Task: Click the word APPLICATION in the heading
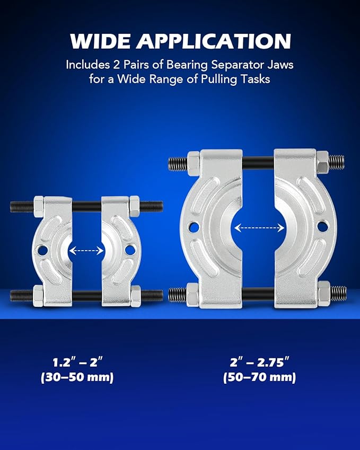click(214, 41)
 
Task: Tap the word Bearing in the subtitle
click(187, 65)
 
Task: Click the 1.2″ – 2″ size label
click(77, 362)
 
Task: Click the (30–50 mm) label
click(77, 377)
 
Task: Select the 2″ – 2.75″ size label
click(259, 362)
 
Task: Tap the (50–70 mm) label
click(259, 377)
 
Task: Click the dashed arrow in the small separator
click(86, 251)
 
